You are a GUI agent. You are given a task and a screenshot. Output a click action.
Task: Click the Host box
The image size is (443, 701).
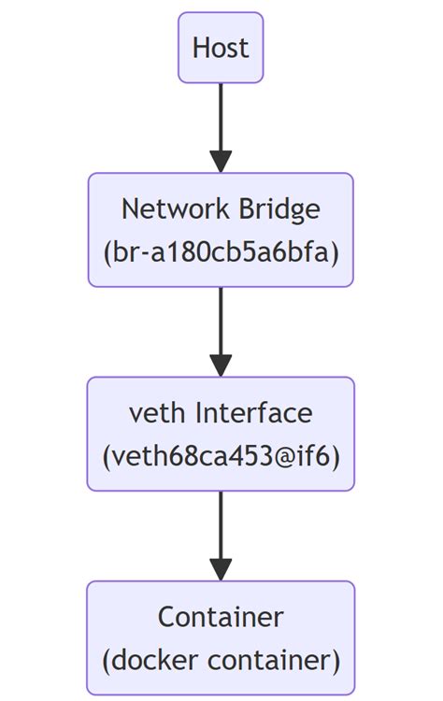tap(221, 48)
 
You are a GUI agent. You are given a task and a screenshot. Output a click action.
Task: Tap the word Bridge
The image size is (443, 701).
tap(279, 207)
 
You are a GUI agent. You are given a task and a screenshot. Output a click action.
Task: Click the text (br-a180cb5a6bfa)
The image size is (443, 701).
tap(221, 251)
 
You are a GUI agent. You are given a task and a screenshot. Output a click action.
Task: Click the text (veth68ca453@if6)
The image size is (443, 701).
tap(221, 456)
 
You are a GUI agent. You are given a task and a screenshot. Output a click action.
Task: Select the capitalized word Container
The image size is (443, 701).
tap(221, 617)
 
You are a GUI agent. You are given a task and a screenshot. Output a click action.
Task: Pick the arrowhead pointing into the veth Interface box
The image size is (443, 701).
tap(221, 365)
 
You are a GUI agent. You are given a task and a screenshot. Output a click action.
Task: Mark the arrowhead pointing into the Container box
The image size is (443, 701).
tap(221, 569)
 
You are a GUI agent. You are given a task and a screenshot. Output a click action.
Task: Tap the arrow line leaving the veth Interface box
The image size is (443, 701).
tap(221, 523)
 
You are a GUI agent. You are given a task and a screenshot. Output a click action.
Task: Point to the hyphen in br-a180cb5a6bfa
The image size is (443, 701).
tap(145, 252)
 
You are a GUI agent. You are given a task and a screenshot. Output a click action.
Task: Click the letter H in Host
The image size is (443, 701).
tap(200, 48)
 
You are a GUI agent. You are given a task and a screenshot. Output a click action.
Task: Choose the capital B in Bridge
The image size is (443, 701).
tap(246, 207)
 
